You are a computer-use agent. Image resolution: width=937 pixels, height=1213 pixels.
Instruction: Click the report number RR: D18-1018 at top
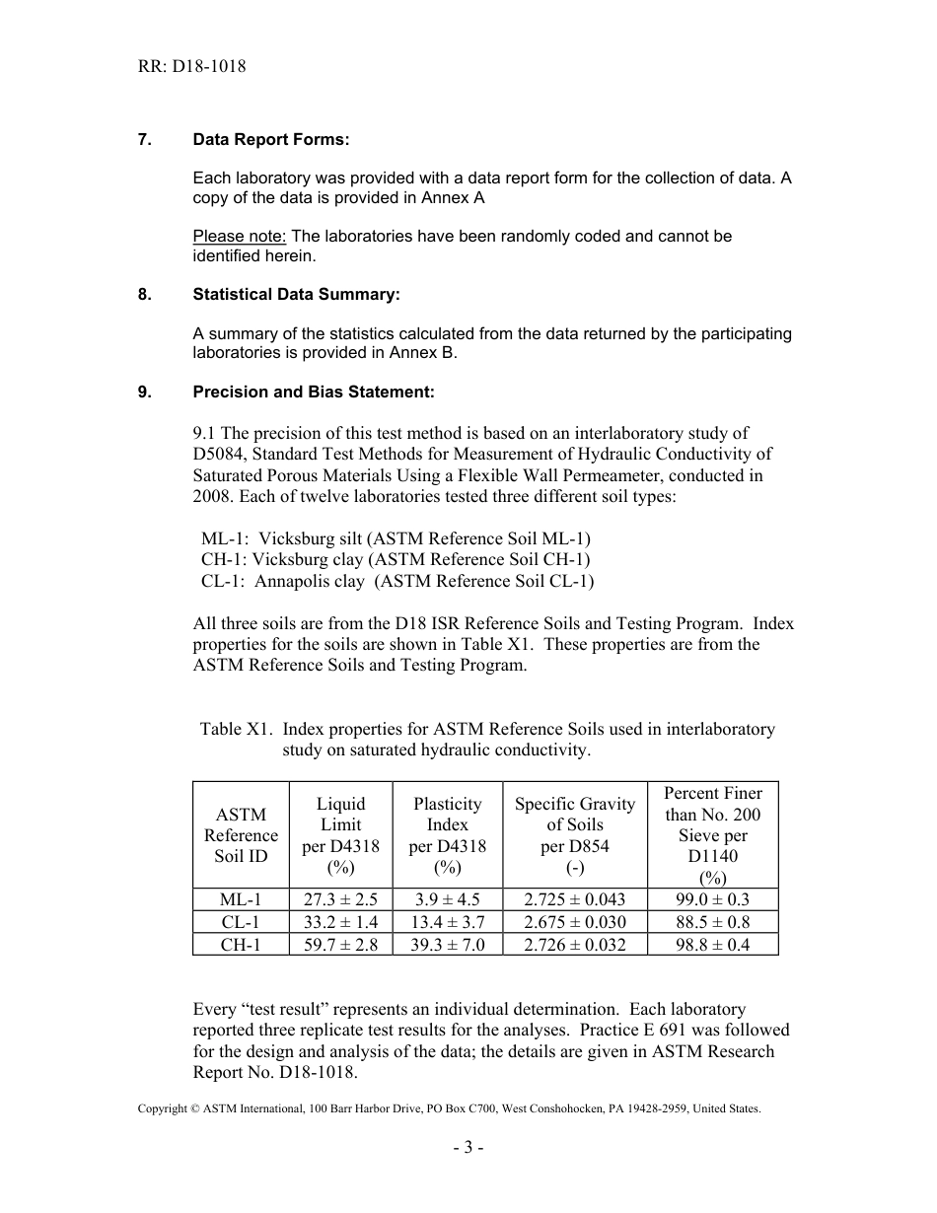191,67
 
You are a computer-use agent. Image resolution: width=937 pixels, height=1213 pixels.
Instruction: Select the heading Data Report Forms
270,140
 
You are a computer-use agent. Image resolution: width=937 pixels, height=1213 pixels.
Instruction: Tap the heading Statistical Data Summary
296,295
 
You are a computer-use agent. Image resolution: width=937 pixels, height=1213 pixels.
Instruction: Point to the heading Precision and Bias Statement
313,392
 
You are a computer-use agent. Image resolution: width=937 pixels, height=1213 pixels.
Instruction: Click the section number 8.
144,295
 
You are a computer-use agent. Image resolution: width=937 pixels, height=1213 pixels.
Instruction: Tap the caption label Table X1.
235,729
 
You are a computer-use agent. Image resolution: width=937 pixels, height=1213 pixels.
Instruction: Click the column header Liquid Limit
340,814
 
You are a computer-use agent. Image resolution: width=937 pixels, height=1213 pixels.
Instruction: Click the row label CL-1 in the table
241,922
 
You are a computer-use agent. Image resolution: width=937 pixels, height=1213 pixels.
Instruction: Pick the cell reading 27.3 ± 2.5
340,899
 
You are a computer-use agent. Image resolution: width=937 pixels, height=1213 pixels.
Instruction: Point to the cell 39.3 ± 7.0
447,945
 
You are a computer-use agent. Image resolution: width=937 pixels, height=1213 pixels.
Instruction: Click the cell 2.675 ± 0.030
575,922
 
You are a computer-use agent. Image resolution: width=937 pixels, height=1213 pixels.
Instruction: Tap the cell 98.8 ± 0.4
712,945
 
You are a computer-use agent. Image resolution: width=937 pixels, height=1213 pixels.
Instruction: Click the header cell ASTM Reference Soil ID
241,834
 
